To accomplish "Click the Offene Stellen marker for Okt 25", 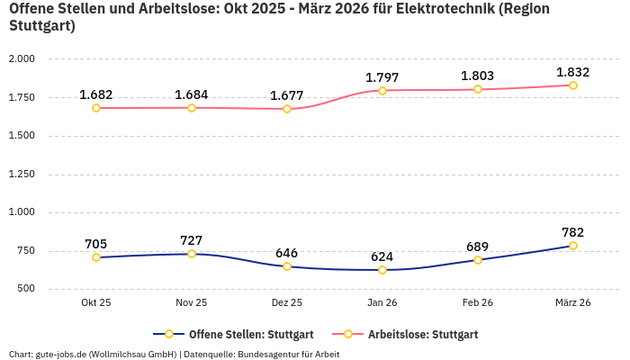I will pyautogui.click(x=96, y=257).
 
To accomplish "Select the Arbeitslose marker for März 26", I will pyautogui.click(x=572, y=85).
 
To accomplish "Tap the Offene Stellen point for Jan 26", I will pyautogui.click(x=382, y=270).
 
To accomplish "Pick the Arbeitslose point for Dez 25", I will pyautogui.click(x=287, y=109).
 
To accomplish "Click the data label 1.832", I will pyautogui.click(x=572, y=72).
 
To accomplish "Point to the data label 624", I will pyautogui.click(x=382, y=256).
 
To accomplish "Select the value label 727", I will pyautogui.click(x=192, y=240).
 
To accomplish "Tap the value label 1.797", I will pyautogui.click(x=382, y=77).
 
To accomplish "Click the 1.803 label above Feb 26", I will pyautogui.click(x=478, y=76).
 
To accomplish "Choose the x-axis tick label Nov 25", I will pyautogui.click(x=192, y=302).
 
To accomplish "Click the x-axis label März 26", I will pyautogui.click(x=572, y=302).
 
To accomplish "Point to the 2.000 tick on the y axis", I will pyautogui.click(x=22, y=58).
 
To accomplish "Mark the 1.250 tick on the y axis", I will pyautogui.click(x=22, y=174).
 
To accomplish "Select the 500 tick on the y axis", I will pyautogui.click(x=26, y=289).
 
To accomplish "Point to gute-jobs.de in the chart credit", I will pyautogui.click(x=61, y=354).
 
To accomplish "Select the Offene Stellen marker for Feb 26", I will pyautogui.click(x=478, y=260).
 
